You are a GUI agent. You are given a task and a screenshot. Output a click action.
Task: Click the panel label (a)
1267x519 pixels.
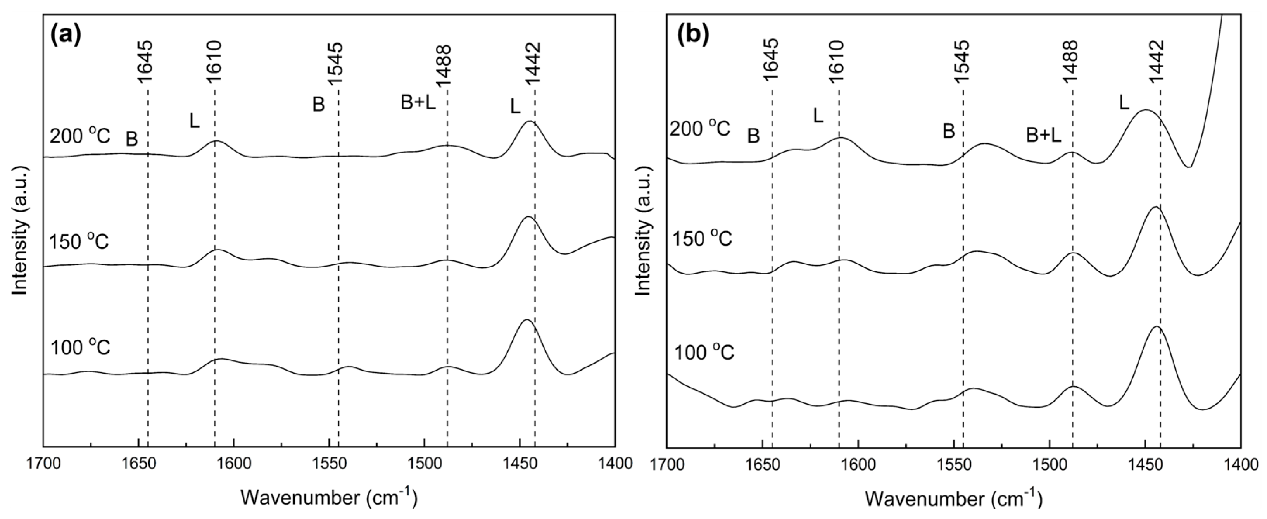[66, 35]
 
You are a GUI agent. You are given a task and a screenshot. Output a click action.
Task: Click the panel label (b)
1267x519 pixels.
[693, 35]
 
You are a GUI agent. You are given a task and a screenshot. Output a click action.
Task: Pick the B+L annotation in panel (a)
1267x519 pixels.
[418, 103]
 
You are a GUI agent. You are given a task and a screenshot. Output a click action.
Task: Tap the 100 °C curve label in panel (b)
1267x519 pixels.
[704, 353]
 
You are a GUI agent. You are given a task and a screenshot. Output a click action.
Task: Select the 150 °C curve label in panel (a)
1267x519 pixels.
[79, 241]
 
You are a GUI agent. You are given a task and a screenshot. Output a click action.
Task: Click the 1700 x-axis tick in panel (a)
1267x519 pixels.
[43, 464]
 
